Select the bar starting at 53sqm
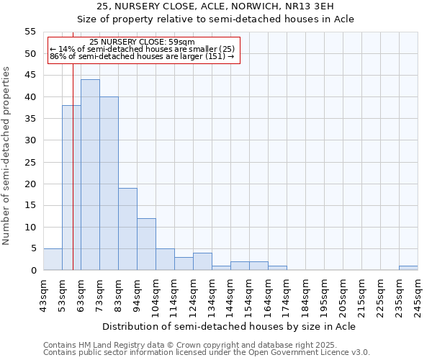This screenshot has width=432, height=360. tap(71, 188)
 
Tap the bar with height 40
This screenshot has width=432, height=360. tap(109, 184)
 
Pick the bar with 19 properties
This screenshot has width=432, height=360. tap(127, 229)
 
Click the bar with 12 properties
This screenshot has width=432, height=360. tap(146, 244)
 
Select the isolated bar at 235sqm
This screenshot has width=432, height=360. tap(408, 268)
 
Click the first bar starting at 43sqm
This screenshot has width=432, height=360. tap(53, 259)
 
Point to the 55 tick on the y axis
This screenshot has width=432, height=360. tap(30, 32)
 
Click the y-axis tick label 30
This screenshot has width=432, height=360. tap(30, 140)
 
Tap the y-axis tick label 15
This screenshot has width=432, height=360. tap(30, 205)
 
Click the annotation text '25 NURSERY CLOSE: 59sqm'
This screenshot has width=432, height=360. tap(142, 42)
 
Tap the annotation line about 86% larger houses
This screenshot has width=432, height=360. tap(142, 55)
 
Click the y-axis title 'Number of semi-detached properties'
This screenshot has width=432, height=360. tap(7, 156)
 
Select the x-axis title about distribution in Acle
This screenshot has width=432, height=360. tap(229, 326)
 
